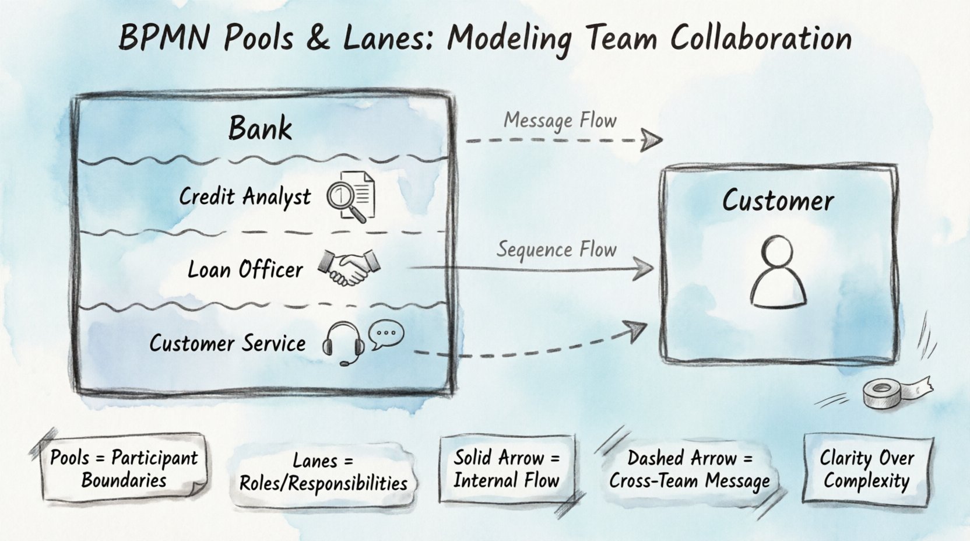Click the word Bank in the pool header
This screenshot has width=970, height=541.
[x=260, y=128]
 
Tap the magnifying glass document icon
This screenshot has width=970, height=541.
[x=351, y=196]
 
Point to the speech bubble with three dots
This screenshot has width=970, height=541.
[x=386, y=335]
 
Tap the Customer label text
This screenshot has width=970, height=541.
[x=778, y=201]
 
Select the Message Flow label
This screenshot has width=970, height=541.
[x=560, y=121]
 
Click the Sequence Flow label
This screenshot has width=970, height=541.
[x=556, y=250]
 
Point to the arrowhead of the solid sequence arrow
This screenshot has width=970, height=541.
[x=644, y=269]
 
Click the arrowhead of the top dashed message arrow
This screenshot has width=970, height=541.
[x=652, y=140]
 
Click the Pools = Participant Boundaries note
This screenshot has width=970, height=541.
[x=124, y=469]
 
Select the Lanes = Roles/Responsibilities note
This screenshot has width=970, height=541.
[x=323, y=472]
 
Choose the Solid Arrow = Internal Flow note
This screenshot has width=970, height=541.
[x=507, y=469]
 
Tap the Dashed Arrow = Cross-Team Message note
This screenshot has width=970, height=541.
[x=690, y=470]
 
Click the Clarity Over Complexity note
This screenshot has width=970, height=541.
[x=867, y=469]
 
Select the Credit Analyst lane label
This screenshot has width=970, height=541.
[x=244, y=196]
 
